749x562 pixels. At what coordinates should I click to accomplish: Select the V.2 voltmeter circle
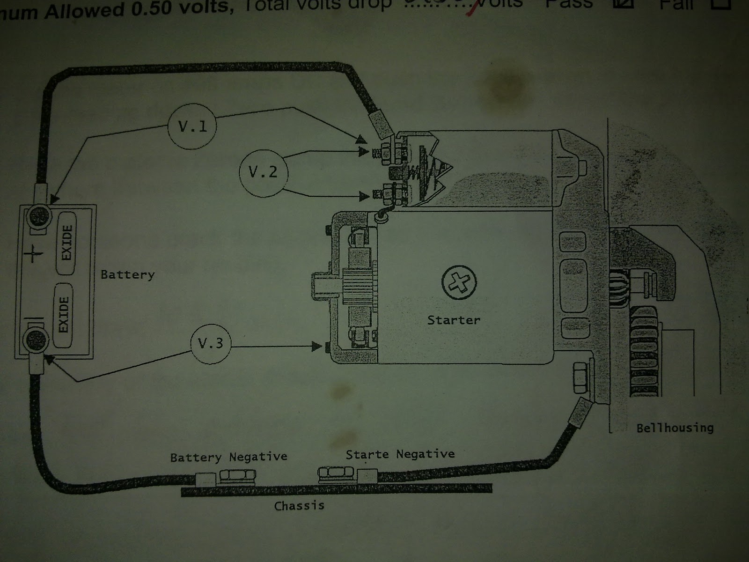tap(263, 172)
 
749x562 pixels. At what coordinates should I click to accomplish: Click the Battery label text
tap(127, 274)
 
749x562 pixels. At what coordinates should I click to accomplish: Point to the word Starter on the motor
tap(454, 320)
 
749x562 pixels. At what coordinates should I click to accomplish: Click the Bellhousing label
tap(675, 428)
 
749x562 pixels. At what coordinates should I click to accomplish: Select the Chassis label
tap(299, 506)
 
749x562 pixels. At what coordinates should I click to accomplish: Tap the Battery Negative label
tap(228, 457)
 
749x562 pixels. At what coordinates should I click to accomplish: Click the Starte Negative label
tap(400, 454)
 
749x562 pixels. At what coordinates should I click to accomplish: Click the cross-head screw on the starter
tap(459, 282)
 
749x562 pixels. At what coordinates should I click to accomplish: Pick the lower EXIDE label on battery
tap(64, 314)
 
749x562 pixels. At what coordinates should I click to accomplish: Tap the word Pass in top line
tap(569, 4)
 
